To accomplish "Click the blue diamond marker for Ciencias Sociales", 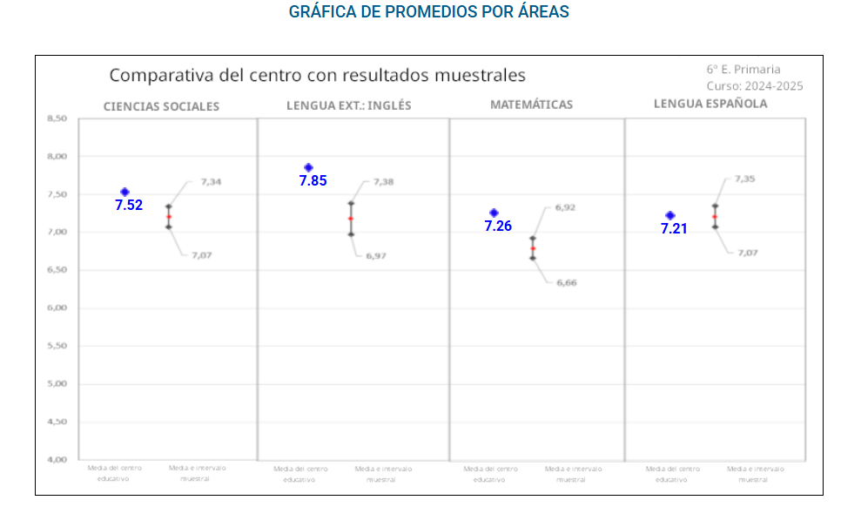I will point(124,192).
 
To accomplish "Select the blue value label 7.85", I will point(313,181).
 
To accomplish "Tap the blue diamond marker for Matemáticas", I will point(494,213).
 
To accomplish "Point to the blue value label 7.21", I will point(674,229).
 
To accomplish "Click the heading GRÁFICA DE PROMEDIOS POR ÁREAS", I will point(429,12).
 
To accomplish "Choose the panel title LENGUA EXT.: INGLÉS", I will point(348,105).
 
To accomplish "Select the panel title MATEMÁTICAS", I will point(531,105).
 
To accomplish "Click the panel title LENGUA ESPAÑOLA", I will point(710,103).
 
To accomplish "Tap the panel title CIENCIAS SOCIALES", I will point(161,106).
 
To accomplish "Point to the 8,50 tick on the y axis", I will point(56,118).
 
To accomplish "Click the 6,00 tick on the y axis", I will point(56,308).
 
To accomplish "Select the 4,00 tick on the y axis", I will point(56,459).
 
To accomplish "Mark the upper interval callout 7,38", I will point(383,182).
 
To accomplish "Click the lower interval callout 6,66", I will point(567,282).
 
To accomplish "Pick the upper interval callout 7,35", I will point(744,179).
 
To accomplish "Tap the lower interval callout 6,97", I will point(376,255).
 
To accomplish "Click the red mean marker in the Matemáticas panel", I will point(533,248).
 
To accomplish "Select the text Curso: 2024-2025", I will point(755,86).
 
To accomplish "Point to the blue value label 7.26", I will point(498,226).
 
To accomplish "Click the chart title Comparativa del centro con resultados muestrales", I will point(317,75).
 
